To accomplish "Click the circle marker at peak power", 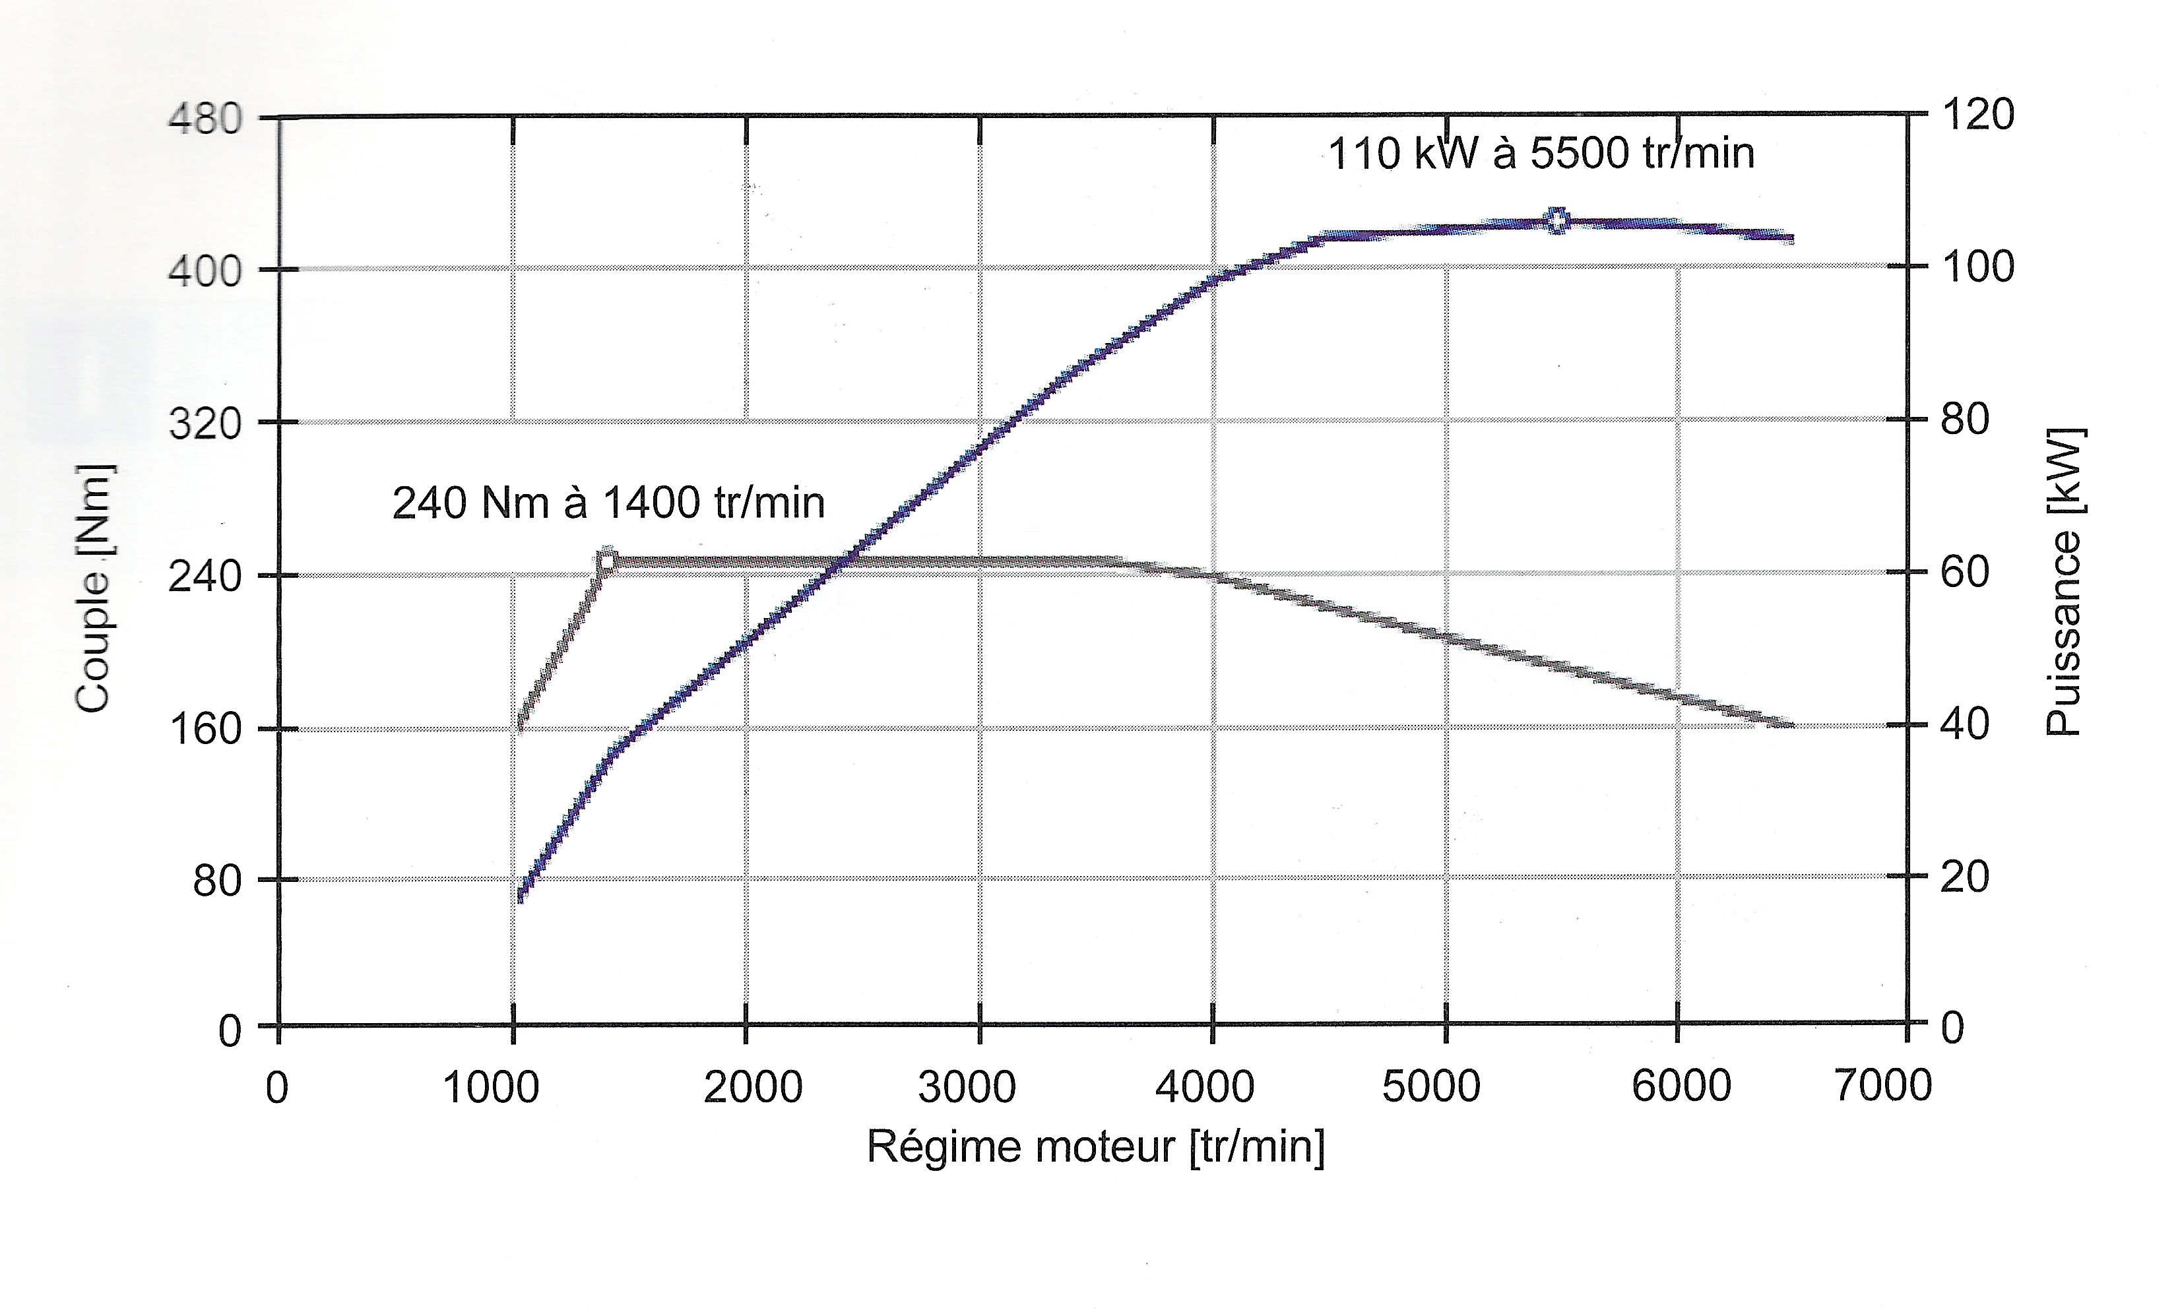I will (1557, 221).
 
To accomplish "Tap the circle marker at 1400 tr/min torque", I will (607, 560).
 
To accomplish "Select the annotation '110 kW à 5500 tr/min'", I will (1541, 154).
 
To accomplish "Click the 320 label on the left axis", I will (205, 424).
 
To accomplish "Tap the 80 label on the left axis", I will (218, 881).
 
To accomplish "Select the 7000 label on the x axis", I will (1882, 1086).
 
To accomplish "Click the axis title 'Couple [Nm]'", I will (94, 588).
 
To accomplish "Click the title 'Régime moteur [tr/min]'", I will (1095, 1148).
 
